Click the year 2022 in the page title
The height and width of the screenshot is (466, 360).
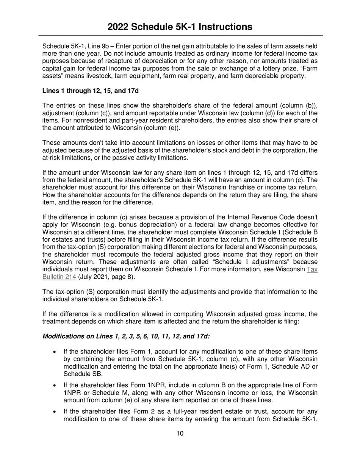point(119,27)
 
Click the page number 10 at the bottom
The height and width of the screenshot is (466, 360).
point(180,433)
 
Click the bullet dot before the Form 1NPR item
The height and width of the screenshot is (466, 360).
point(55,386)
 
